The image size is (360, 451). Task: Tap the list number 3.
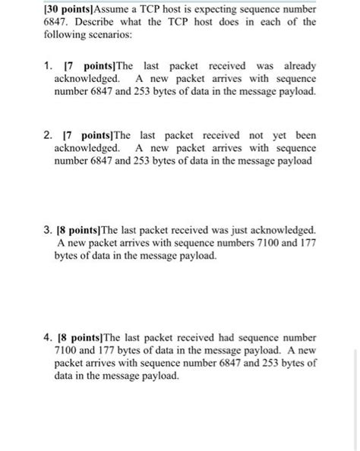(x=43, y=230)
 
